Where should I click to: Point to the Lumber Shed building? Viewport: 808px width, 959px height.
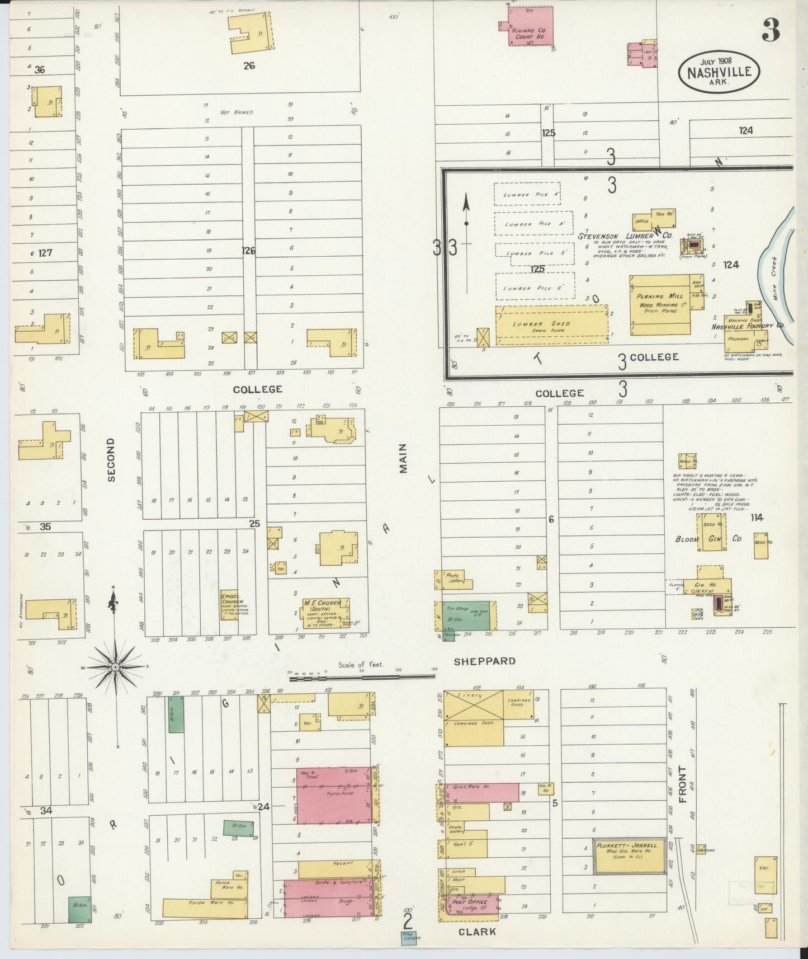[x=551, y=325]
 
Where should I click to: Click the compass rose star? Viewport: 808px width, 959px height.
[x=115, y=667]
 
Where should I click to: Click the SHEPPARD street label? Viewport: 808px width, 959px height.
[x=484, y=661]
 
